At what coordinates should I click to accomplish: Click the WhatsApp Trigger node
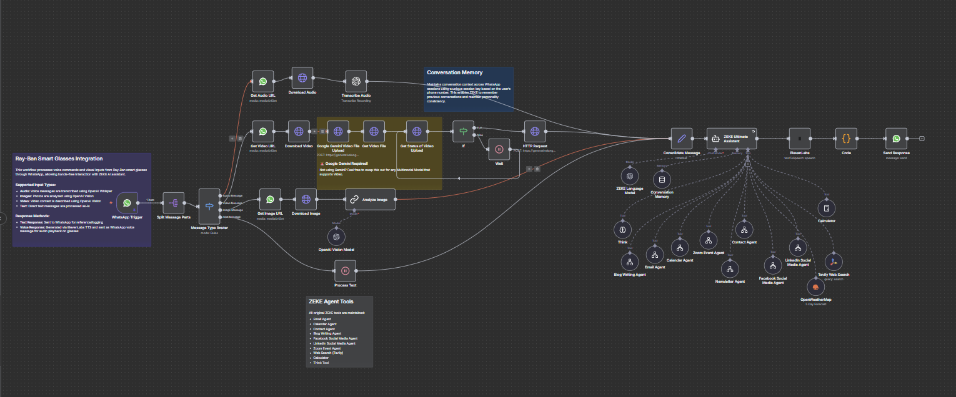coord(127,203)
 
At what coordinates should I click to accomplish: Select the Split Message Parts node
coord(174,203)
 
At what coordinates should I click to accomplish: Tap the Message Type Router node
coord(209,207)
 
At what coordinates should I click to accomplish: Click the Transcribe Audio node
coord(356,81)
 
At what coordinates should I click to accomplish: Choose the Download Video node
coord(299,132)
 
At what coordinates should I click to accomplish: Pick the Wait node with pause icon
coord(499,149)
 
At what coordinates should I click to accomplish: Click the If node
coord(463,132)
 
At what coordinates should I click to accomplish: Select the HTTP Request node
coord(535,132)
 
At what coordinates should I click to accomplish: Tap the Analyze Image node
coord(371,200)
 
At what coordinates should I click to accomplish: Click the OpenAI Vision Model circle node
coord(336,237)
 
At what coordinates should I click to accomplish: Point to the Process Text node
coord(345,270)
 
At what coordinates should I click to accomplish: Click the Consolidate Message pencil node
coord(682,139)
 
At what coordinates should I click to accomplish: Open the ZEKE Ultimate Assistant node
coord(731,139)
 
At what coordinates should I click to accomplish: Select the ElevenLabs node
coord(800,139)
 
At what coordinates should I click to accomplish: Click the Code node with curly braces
coord(846,139)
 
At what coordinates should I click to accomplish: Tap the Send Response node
coord(896,139)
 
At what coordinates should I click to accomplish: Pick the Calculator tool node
coord(826,208)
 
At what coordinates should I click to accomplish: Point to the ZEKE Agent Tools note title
coord(331,301)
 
